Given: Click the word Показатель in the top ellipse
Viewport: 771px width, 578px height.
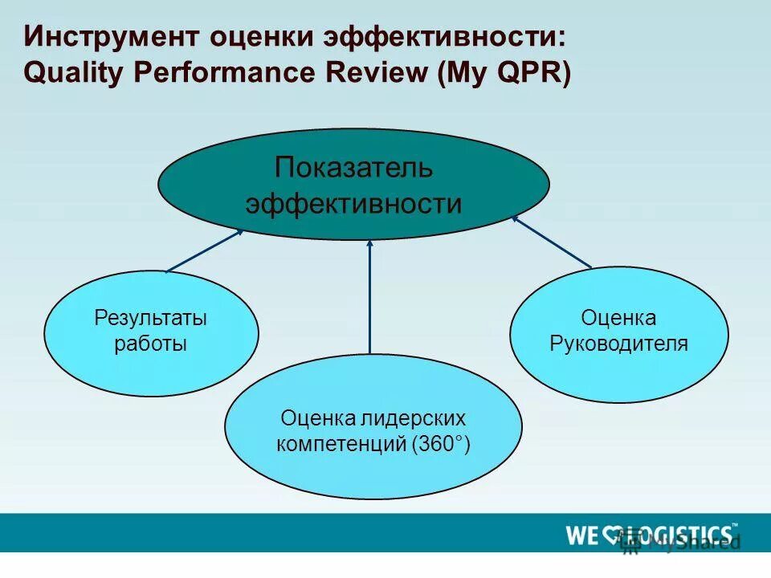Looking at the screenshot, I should coord(353,169).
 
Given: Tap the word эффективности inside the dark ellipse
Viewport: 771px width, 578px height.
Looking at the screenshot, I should coord(353,204).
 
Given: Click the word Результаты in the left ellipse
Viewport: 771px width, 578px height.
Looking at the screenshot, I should coord(151,319).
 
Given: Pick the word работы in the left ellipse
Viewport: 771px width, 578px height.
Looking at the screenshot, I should coord(151,344).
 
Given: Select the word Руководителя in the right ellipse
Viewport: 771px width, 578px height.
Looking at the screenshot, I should coord(618,344).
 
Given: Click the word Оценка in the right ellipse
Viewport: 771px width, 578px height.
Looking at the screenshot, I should coord(618,319).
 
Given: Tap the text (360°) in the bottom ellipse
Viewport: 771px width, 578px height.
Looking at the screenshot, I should coord(441,444).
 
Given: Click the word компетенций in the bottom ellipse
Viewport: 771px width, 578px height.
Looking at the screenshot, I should coord(342,444).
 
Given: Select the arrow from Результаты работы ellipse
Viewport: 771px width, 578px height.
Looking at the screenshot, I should coord(205,250).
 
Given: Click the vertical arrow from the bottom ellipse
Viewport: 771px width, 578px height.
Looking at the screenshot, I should coord(370,297).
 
